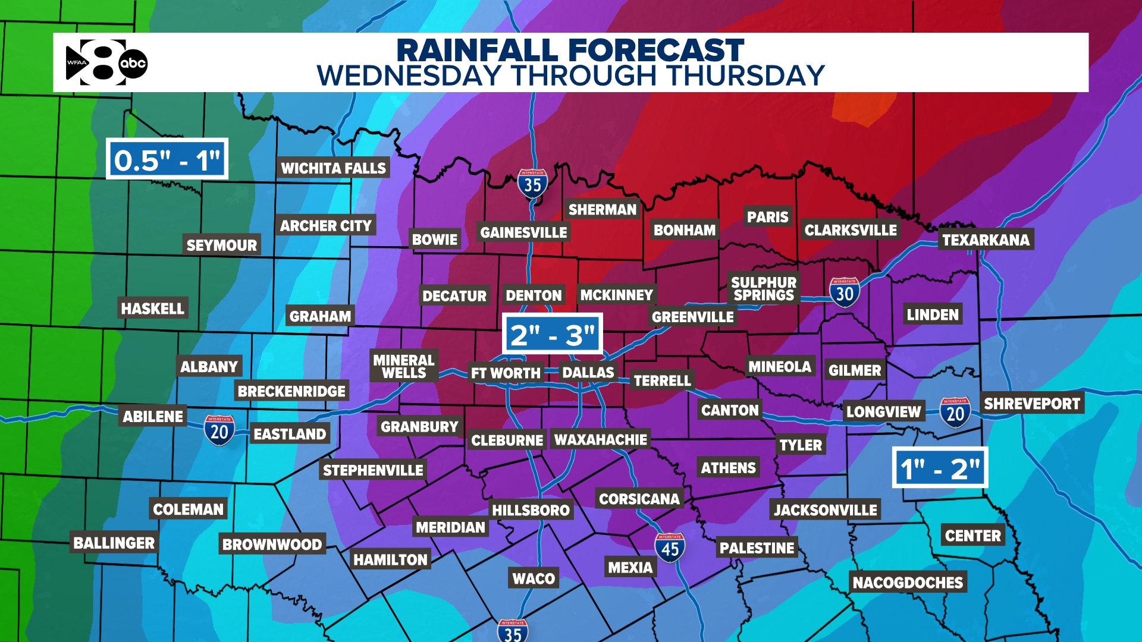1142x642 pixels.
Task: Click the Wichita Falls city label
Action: click(333, 168)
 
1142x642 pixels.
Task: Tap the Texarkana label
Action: click(986, 240)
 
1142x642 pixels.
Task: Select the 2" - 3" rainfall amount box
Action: click(553, 335)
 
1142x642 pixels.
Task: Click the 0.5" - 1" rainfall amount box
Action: click(167, 159)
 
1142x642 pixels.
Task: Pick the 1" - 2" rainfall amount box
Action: click(940, 468)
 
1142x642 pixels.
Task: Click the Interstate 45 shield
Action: click(670, 548)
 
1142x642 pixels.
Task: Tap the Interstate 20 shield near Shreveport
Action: click(955, 412)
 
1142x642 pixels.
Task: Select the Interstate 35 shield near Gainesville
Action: click(532, 184)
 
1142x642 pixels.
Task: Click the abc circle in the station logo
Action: click(133, 64)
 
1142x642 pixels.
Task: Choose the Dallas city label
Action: click(588, 373)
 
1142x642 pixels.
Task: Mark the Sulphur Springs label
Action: click(764, 288)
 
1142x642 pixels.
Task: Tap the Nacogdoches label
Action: click(908, 583)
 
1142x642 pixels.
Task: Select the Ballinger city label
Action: click(114, 543)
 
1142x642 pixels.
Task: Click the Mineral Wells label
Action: click(404, 366)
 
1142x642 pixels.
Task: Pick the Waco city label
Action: click(534, 578)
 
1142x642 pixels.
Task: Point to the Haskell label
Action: click(152, 309)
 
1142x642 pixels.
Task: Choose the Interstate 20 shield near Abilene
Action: click(219, 430)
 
